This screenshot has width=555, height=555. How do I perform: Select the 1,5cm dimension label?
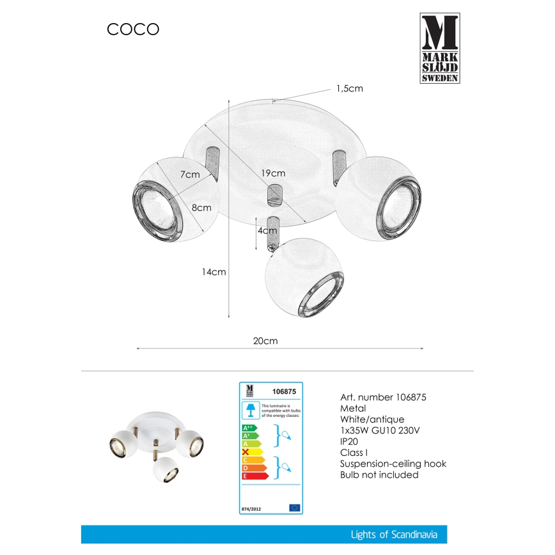click(349, 89)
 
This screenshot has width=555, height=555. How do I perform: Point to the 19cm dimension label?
click(274, 173)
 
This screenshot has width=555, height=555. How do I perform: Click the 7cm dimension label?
click(190, 175)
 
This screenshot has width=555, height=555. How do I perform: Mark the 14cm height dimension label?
click(214, 272)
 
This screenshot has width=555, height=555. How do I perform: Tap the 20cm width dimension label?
click(265, 341)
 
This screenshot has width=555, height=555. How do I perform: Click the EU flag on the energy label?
click(294, 508)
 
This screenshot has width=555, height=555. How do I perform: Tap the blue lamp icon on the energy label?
click(251, 409)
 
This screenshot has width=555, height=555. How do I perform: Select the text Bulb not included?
click(379, 475)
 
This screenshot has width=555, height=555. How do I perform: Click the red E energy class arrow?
click(253, 476)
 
